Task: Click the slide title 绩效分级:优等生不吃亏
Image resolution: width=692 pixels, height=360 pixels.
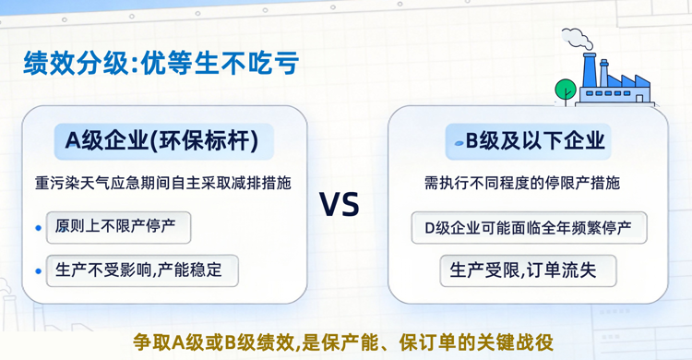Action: [x=161, y=63]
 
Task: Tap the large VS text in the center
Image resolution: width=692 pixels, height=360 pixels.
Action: [x=339, y=204]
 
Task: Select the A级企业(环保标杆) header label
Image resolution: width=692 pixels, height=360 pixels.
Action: [x=161, y=140]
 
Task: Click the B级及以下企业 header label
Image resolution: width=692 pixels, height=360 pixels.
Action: [x=529, y=140]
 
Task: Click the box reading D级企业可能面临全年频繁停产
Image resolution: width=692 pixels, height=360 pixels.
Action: [x=529, y=227]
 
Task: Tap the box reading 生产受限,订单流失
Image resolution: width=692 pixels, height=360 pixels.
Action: [x=529, y=271]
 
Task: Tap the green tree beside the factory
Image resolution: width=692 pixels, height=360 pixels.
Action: [x=564, y=89]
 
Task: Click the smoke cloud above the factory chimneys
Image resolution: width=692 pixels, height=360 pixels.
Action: [x=578, y=38]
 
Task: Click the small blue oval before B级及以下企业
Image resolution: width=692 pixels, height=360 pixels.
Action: [x=457, y=142]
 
